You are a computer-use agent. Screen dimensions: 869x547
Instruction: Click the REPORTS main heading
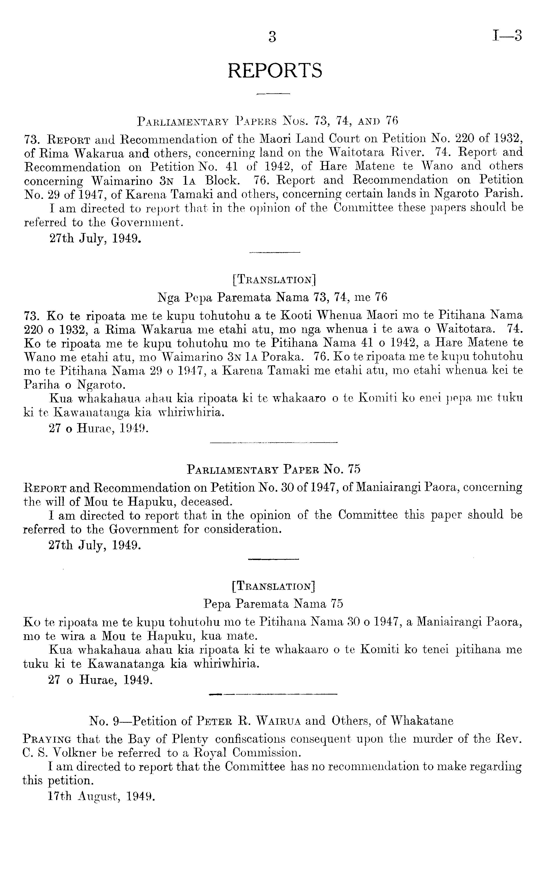point(275,70)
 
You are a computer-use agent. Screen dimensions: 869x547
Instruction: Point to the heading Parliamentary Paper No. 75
point(274,469)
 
